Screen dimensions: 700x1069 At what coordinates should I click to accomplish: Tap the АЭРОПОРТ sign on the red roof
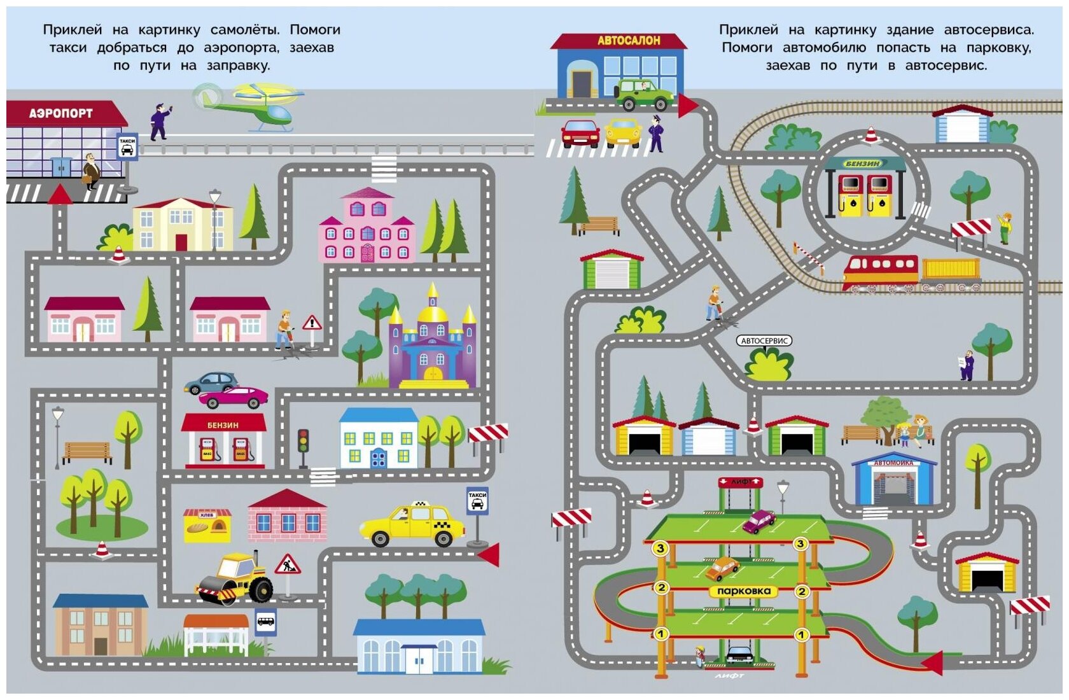click(61, 113)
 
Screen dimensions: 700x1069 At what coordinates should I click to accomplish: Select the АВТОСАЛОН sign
click(628, 41)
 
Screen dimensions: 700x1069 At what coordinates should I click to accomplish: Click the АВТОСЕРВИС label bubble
click(764, 341)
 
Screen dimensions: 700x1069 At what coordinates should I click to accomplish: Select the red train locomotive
click(881, 272)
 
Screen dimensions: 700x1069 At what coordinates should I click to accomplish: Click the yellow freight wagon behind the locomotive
click(951, 270)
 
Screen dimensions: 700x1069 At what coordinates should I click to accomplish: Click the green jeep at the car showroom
click(644, 95)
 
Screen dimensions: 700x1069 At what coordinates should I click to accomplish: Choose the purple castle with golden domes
click(433, 344)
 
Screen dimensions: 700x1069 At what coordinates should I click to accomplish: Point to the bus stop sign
click(266, 622)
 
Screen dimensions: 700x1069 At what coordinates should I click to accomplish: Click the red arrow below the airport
click(60, 194)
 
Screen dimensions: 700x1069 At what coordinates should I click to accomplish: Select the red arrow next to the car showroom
click(688, 106)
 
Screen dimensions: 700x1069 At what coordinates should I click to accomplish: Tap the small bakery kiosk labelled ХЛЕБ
click(207, 525)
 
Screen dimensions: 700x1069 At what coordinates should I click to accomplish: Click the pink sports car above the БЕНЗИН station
click(234, 397)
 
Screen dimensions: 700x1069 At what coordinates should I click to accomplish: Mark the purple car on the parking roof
click(758, 521)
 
